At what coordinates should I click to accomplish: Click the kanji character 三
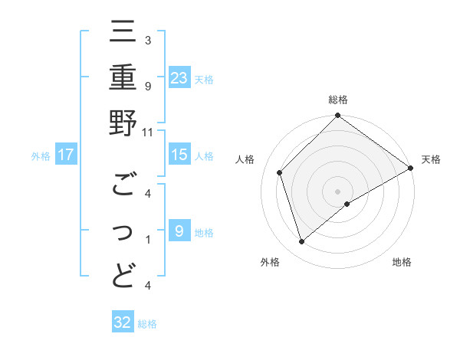pyautogui.click(x=123, y=34)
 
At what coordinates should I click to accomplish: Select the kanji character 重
pyautogui.click(x=123, y=79)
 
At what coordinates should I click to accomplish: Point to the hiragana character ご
pyautogui.click(x=123, y=185)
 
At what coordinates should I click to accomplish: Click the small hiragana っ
pyautogui.click(x=123, y=232)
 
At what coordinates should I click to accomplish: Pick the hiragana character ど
pyautogui.click(x=123, y=275)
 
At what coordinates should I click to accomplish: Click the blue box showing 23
pyautogui.click(x=179, y=77)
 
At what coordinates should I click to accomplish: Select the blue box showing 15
pyautogui.click(x=179, y=155)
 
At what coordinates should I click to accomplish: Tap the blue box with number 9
pyautogui.click(x=179, y=231)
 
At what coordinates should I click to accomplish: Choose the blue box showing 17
pyautogui.click(x=66, y=155)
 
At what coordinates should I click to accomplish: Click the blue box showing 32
pyautogui.click(x=123, y=322)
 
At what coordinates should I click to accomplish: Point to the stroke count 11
pyautogui.click(x=148, y=132)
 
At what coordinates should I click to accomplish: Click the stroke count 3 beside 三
pyautogui.click(x=147, y=40)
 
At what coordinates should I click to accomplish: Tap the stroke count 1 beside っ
pyautogui.click(x=147, y=239)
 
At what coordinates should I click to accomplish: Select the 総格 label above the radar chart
pyautogui.click(x=337, y=100)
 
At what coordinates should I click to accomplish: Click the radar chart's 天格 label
pyautogui.click(x=431, y=159)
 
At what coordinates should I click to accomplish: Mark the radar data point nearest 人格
pyautogui.click(x=281, y=172)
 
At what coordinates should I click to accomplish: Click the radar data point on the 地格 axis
pyautogui.click(x=347, y=204)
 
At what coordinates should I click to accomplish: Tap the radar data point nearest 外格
pyautogui.click(x=302, y=241)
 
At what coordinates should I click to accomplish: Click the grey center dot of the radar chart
pyautogui.click(x=337, y=190)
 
